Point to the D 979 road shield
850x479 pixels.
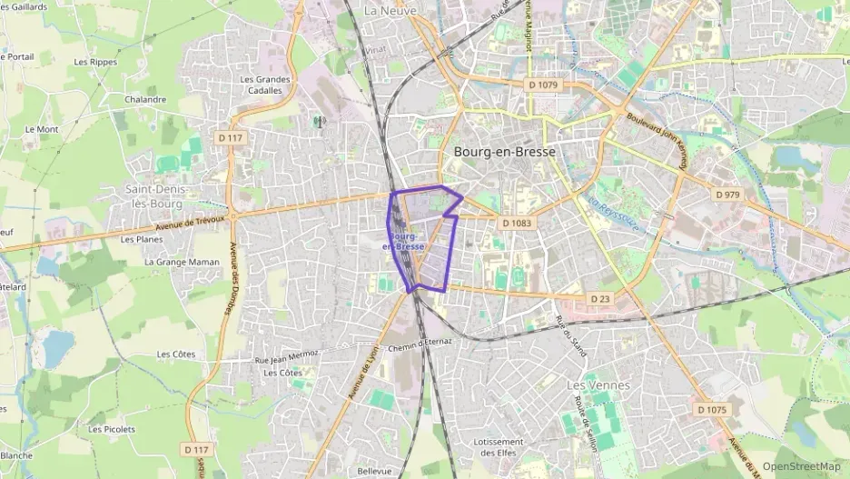pyautogui.click(x=728, y=195)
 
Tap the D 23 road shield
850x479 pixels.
pyautogui.click(x=599, y=298)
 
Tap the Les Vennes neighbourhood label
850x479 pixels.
pyautogui.click(x=598, y=385)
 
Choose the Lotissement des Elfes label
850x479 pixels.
pyautogui.click(x=499, y=447)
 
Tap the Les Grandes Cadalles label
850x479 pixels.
pyautogui.click(x=265, y=85)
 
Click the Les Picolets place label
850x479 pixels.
pyautogui.click(x=112, y=429)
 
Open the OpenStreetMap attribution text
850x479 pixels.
pyautogui.click(x=801, y=466)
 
